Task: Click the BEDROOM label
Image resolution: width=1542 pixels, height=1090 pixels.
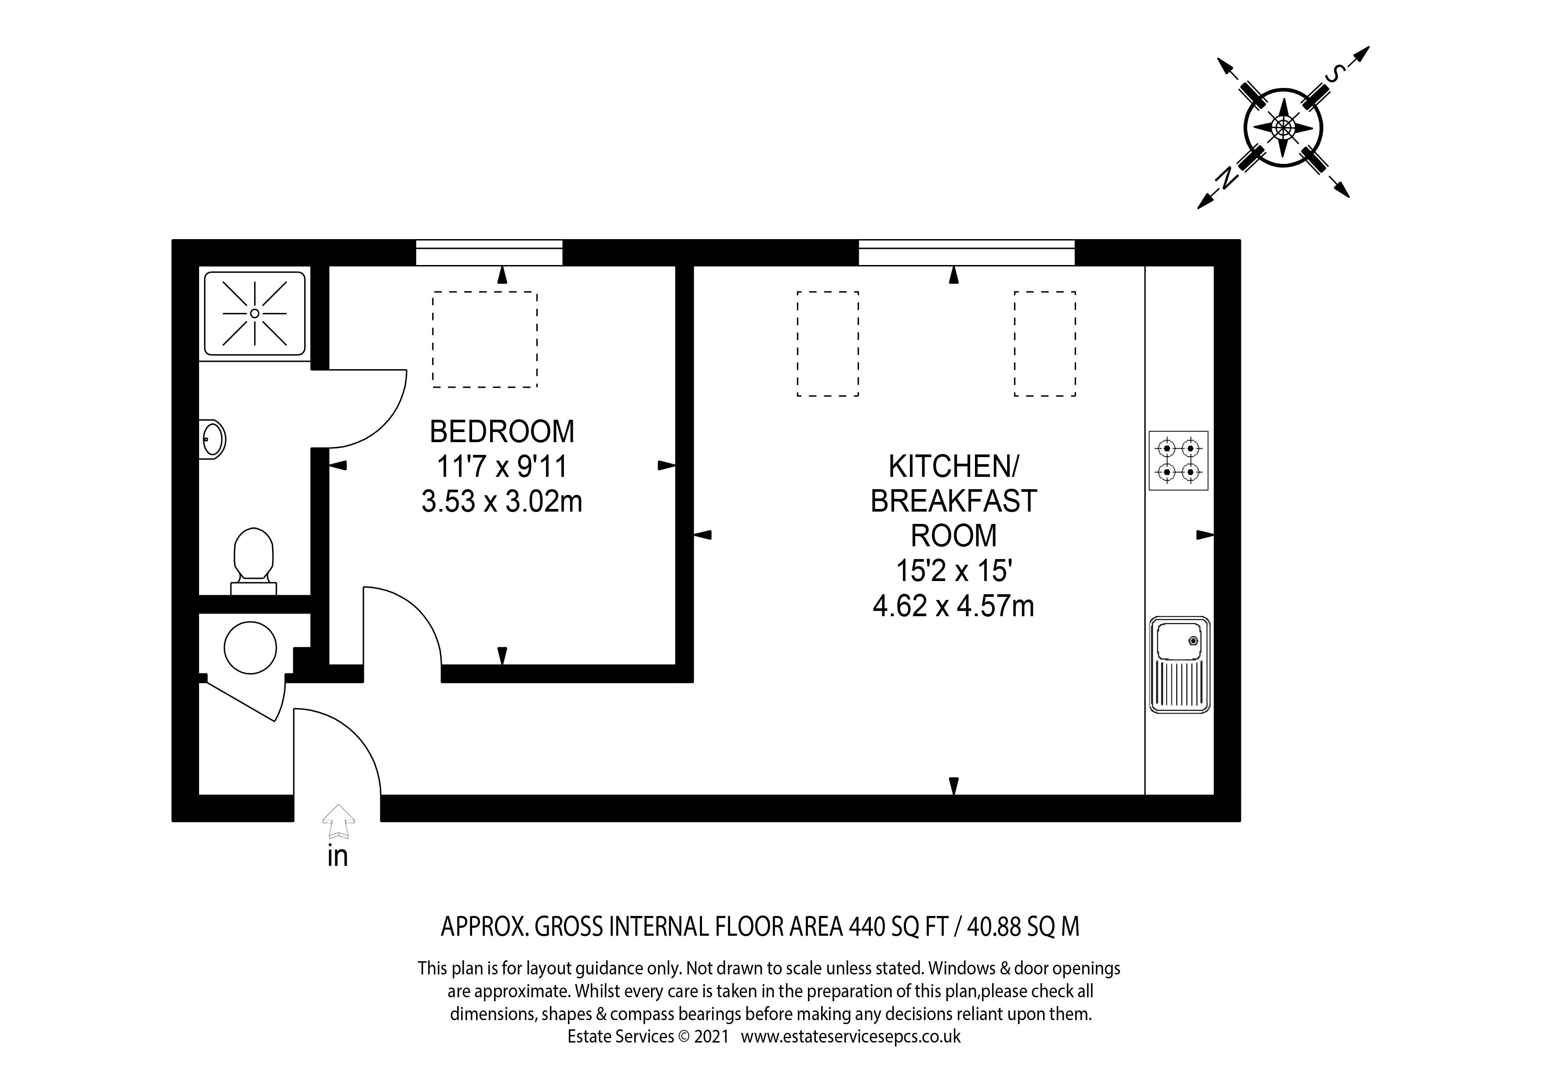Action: click(x=502, y=431)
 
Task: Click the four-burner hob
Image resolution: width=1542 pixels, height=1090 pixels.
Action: click(x=1178, y=461)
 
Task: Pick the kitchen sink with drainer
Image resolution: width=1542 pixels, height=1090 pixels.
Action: click(x=1179, y=665)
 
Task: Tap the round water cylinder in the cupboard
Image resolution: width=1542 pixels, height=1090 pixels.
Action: click(x=251, y=647)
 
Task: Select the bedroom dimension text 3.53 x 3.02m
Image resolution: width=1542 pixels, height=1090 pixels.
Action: click(x=502, y=501)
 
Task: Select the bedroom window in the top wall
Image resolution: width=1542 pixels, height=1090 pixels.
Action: click(x=489, y=253)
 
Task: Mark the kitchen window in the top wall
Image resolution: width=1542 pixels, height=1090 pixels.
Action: click(x=967, y=253)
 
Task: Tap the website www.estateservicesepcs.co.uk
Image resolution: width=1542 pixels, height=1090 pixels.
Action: click(x=851, y=1036)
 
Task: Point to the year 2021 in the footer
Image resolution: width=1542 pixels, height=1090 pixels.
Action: click(x=712, y=1036)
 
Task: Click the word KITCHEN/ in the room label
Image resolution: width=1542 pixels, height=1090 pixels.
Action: click(x=954, y=466)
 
